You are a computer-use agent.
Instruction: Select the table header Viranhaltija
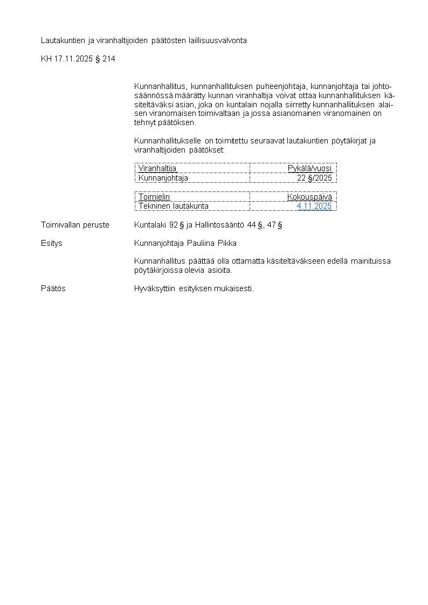pos(157,168)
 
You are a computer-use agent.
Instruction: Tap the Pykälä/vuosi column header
pos(310,168)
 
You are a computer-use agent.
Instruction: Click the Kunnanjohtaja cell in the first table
pos(163,177)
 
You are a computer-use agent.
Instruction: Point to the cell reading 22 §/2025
pos(315,177)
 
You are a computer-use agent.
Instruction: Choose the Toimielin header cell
pos(154,197)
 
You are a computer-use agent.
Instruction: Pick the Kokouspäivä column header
pos(309,197)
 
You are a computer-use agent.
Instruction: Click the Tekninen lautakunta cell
pos(174,206)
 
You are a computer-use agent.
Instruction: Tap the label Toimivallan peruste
pos(75,225)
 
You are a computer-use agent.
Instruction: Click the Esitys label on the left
pos(52,243)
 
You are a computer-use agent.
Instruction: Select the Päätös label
pos(53,288)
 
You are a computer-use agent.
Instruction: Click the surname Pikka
pos(227,243)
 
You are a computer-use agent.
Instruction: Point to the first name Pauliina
pos(201,243)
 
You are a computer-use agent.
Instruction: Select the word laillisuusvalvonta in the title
pos(218,40)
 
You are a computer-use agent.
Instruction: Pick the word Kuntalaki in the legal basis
pos(151,225)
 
